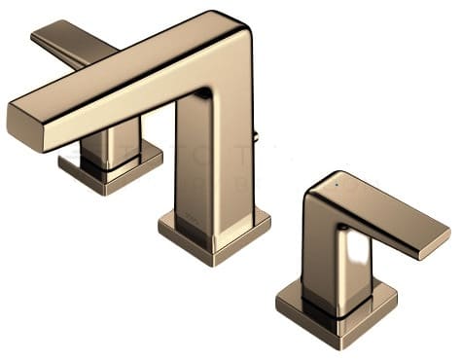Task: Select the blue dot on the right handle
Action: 337,182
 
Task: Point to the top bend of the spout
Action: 224,34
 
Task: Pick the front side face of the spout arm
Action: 107,107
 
